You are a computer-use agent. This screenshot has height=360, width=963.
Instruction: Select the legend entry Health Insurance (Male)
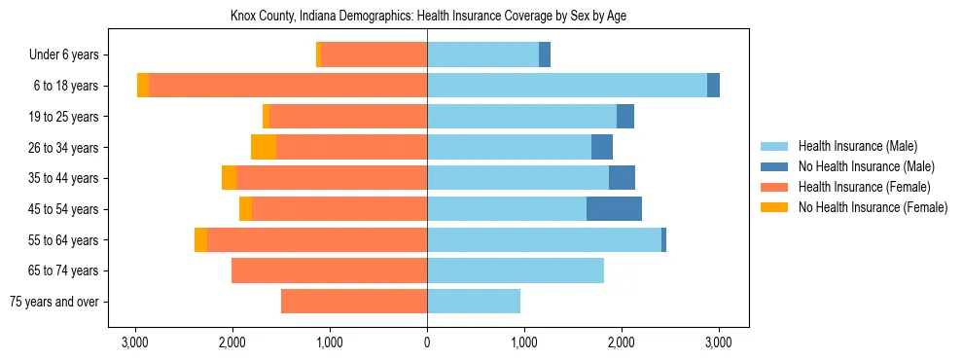(857, 146)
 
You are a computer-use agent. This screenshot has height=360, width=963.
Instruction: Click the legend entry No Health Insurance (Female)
(873, 207)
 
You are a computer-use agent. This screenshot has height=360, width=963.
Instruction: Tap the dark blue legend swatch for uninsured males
(775, 166)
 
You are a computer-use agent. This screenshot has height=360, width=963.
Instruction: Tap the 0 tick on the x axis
(427, 343)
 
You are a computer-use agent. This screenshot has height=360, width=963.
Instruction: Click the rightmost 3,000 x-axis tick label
(718, 343)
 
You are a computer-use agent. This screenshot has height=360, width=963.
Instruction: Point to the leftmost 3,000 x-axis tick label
(135, 343)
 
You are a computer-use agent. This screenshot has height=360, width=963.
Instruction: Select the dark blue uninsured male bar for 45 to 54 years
(614, 209)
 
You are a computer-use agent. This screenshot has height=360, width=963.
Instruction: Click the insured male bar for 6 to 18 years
(566, 86)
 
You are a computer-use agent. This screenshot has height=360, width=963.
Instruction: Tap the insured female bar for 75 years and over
(354, 302)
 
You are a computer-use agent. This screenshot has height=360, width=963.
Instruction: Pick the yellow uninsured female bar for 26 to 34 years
(264, 147)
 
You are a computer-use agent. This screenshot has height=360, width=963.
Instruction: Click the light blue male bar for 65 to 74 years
(516, 270)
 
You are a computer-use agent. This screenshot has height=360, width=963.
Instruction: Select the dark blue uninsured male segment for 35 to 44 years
(622, 178)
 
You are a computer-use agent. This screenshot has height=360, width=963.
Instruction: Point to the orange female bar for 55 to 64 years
(317, 240)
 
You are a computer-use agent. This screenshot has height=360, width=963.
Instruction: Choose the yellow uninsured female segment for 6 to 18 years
(143, 86)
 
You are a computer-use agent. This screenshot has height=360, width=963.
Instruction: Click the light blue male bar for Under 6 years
(482, 54)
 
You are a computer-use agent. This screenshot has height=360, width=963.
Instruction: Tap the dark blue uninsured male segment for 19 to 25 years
(625, 117)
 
